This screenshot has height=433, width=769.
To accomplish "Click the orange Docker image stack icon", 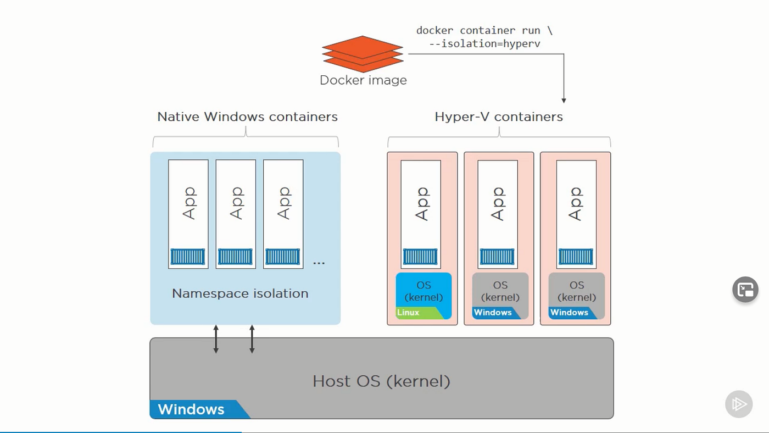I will (x=363, y=54).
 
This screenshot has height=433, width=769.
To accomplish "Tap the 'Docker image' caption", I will (x=363, y=80).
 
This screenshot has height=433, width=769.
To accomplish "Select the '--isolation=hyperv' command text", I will (x=484, y=43).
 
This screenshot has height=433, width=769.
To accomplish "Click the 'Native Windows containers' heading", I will (x=247, y=116).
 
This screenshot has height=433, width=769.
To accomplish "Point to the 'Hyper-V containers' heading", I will (x=499, y=116).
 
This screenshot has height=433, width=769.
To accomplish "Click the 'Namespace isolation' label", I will (x=240, y=293).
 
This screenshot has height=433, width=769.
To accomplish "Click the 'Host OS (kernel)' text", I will (x=381, y=381).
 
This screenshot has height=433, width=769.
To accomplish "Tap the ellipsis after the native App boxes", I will (x=319, y=263).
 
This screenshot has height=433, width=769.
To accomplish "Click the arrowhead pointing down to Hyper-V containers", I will (x=564, y=100).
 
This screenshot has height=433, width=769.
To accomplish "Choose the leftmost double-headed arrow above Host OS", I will (x=216, y=338).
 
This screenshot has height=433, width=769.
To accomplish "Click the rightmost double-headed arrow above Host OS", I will (x=252, y=338).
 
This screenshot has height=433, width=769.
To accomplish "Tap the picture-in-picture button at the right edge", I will (x=745, y=290).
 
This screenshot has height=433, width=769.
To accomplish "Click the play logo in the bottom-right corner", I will (x=738, y=404).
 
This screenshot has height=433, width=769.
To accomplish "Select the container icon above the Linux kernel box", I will (x=420, y=257).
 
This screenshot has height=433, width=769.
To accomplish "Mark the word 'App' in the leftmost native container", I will (x=188, y=203).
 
